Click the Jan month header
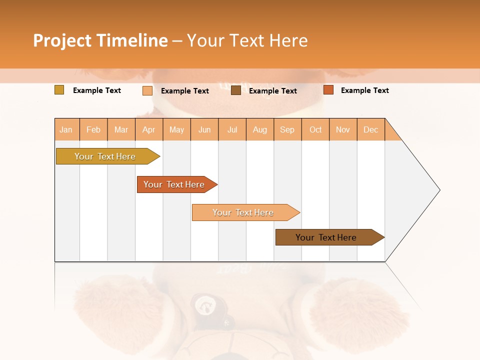(66, 129)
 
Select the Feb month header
(93, 129)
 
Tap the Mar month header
(121, 129)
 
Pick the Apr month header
(149, 129)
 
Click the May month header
(176, 129)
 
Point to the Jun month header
(204, 129)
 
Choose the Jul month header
(232, 129)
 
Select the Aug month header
(260, 129)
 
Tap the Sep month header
(287, 129)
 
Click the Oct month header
(315, 129)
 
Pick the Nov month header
(343, 129)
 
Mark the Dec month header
(371, 129)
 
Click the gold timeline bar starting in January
(105, 156)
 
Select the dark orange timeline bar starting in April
(174, 184)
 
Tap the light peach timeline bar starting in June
(243, 212)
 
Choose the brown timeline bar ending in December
(326, 237)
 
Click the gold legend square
(59, 90)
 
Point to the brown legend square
(236, 90)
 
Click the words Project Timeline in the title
(100, 40)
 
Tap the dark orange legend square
(328, 90)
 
